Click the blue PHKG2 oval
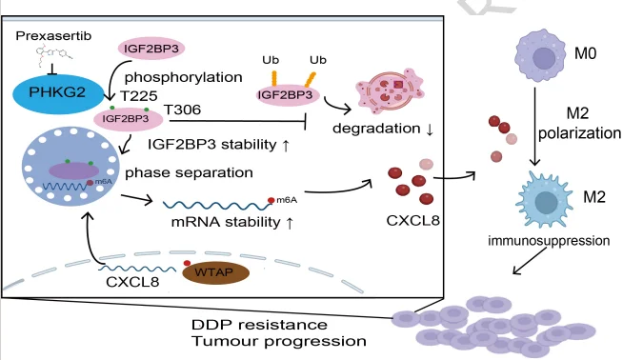click(x=58, y=93)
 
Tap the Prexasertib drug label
click(x=53, y=36)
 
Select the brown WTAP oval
click(x=215, y=272)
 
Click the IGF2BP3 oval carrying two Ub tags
click(x=286, y=94)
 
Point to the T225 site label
click(x=139, y=96)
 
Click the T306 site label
click(x=182, y=110)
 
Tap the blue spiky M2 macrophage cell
click(x=545, y=200)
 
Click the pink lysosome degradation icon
click(x=390, y=90)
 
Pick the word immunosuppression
click(x=549, y=241)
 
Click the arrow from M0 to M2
click(x=534, y=127)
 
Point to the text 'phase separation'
click(x=189, y=172)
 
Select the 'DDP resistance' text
click(x=259, y=325)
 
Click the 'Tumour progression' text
click(x=279, y=341)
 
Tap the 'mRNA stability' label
click(x=226, y=222)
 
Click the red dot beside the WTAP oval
click(x=187, y=263)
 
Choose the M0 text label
click(x=585, y=53)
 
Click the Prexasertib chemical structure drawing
click(x=53, y=56)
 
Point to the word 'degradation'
click(x=376, y=129)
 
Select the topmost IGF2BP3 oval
click(x=151, y=49)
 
